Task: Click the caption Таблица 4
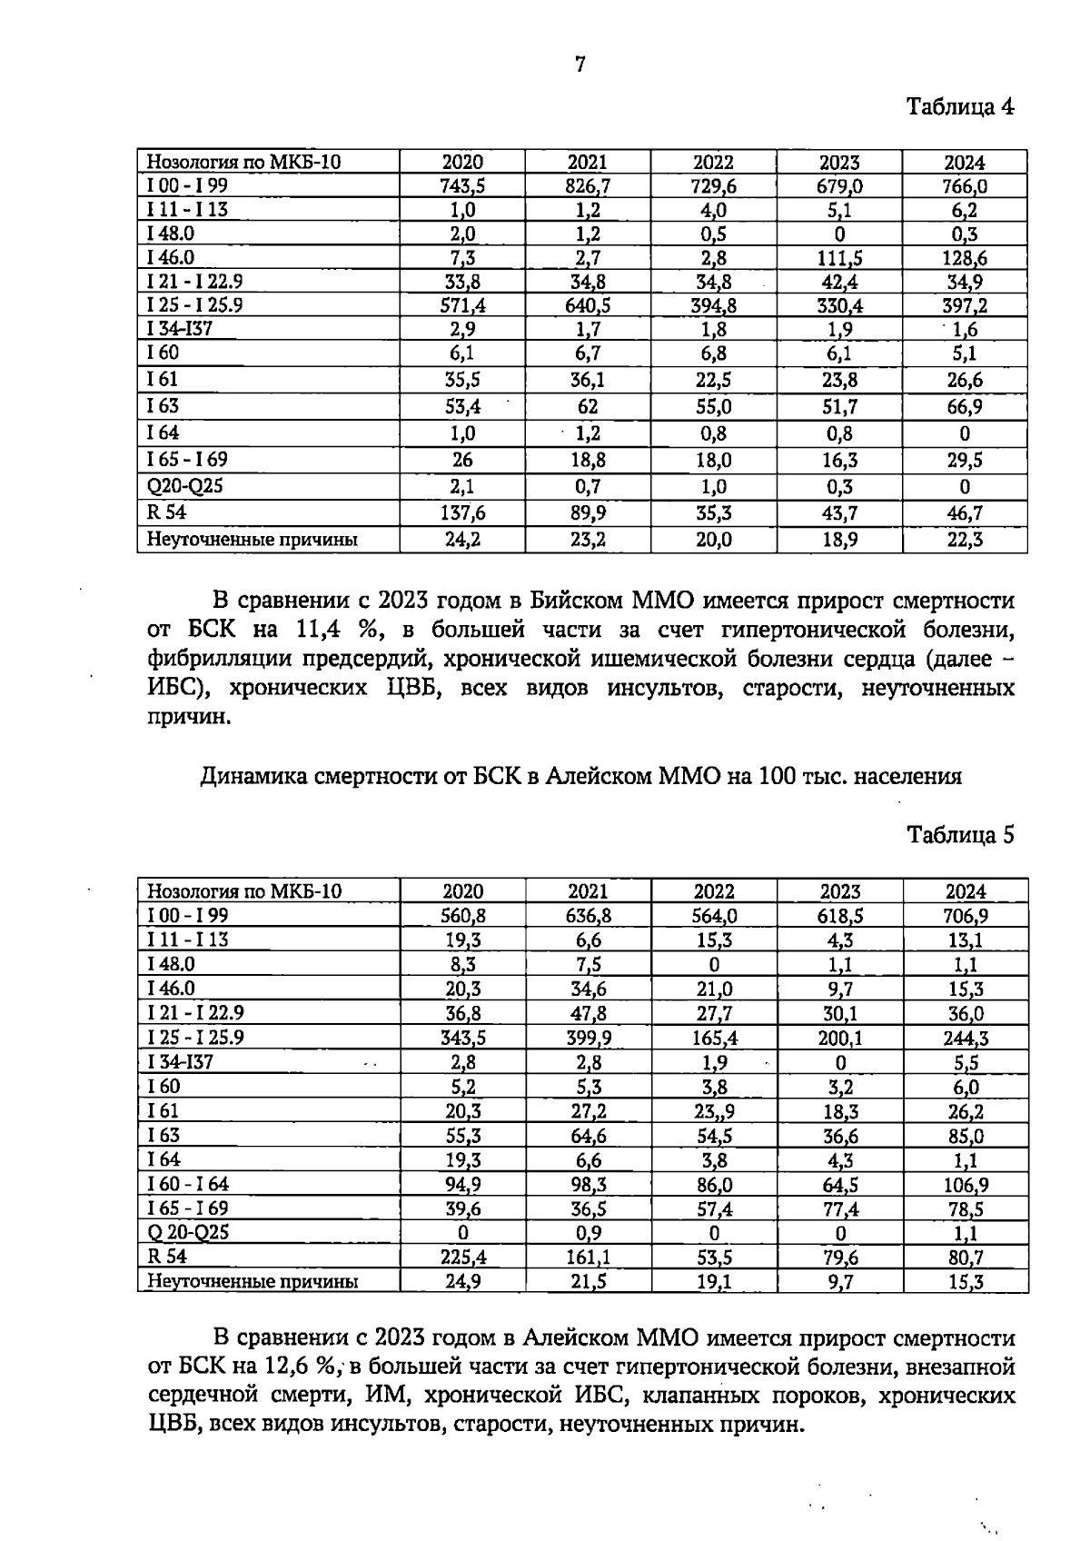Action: click(960, 107)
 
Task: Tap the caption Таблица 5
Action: click(960, 835)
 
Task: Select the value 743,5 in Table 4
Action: click(462, 186)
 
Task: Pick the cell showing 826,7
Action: click(588, 186)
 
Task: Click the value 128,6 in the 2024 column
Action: click(965, 258)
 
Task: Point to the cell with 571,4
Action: click(462, 305)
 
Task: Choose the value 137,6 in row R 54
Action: click(462, 513)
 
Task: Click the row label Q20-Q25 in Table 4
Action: click(185, 486)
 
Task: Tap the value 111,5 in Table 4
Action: click(839, 258)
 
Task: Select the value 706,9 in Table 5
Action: click(965, 916)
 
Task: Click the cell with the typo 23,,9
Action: click(714, 1111)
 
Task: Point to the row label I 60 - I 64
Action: click(189, 1184)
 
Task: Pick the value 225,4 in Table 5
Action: click(462, 1258)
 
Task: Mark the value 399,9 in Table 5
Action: click(588, 1038)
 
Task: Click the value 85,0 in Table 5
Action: click(965, 1136)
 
